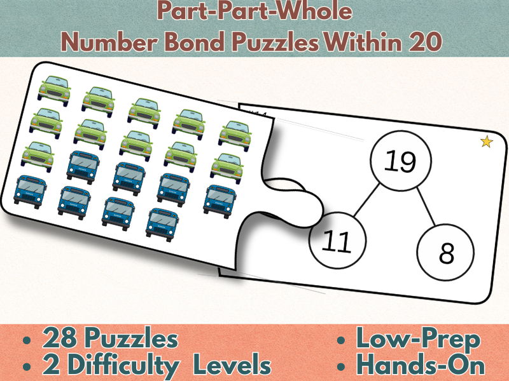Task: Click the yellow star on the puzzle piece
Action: tap(486, 142)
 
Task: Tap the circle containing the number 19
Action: tap(400, 162)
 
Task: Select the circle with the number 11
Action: tap(337, 241)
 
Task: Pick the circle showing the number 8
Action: tap(447, 253)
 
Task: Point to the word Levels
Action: tap(232, 366)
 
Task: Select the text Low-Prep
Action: tap(418, 340)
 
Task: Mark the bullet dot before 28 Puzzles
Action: tap(26, 341)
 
